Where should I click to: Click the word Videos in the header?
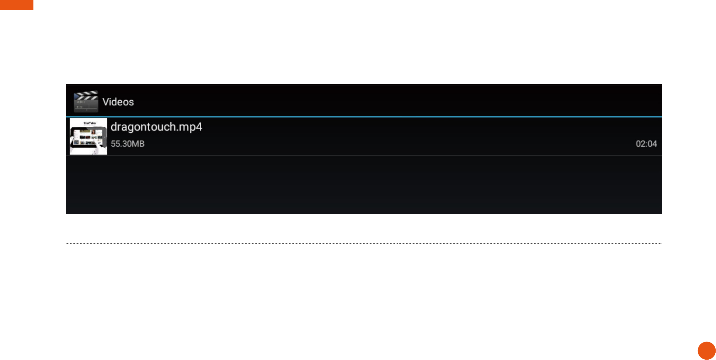tap(118, 102)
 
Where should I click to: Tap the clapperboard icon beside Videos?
tap(86, 101)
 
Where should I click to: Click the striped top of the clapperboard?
tap(86, 95)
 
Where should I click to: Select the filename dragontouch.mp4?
tap(156, 127)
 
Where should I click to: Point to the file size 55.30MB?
tap(127, 144)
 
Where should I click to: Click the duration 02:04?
tap(646, 144)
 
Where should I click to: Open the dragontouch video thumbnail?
tap(88, 136)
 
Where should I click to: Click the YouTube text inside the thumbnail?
tap(90, 123)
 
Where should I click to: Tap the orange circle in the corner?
tap(706, 351)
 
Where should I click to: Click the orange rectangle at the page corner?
tap(16, 5)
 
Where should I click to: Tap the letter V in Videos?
tap(106, 102)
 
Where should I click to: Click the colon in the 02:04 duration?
tap(646, 144)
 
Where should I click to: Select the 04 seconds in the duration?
tap(652, 144)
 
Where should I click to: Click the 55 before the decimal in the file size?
tap(115, 144)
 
